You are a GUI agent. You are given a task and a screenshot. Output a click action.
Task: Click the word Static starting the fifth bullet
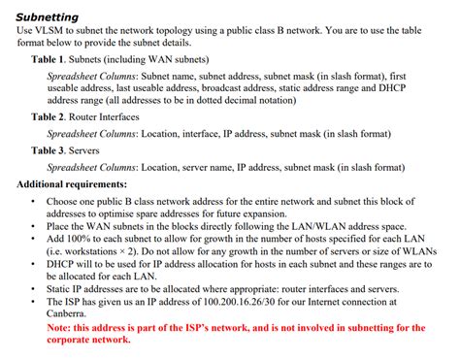[61, 288]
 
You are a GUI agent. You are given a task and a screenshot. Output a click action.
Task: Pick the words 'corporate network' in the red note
[88, 340]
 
